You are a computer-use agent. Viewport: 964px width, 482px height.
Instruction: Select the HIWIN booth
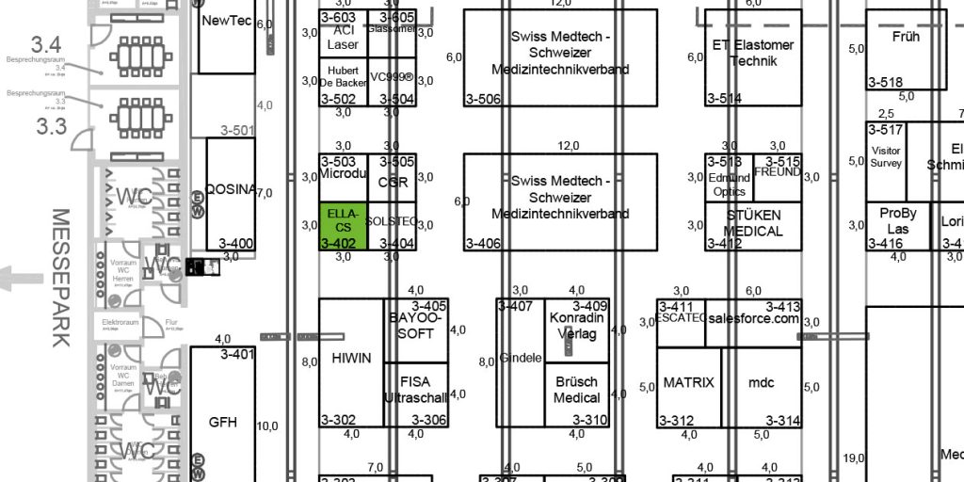pos(351,359)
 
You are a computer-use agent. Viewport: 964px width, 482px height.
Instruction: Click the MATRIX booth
pos(688,383)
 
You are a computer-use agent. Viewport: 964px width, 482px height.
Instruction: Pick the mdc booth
pos(761,383)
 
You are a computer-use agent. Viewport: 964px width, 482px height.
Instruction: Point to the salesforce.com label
pos(752,318)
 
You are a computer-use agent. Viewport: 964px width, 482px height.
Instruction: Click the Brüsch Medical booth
pos(576,390)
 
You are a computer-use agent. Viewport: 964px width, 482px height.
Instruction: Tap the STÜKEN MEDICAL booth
pos(753,223)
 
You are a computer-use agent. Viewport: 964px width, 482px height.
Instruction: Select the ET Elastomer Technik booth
pos(752,52)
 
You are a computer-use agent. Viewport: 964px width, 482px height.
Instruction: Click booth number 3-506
pos(483,99)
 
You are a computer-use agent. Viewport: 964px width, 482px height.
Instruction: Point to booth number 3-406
pos(483,244)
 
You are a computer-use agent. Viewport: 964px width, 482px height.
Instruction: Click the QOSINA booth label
pos(230,189)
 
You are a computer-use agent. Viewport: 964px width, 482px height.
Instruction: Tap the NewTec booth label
pos(227,20)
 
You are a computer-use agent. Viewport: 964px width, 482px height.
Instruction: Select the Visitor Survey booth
pos(886,156)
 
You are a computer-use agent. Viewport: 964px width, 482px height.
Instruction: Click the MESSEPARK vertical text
pos(62,278)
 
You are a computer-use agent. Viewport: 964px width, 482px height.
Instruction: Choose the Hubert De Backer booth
pos(342,76)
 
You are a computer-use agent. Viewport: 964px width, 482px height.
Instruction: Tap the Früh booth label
pos(906,37)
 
